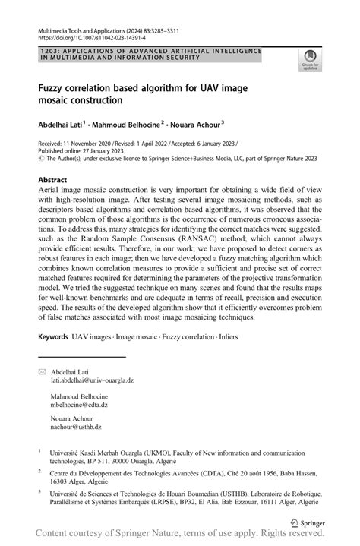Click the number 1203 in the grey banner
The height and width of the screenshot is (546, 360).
tap(47, 51)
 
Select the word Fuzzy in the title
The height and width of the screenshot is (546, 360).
tap(54, 88)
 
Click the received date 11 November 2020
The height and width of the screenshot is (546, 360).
tap(91, 143)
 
